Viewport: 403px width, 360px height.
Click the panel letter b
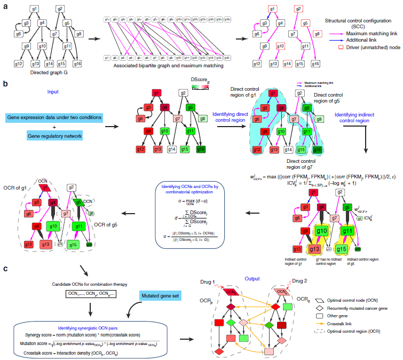click(5, 84)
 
